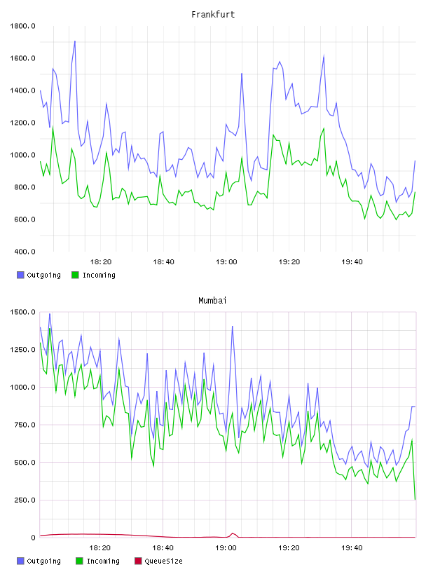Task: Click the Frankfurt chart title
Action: tap(213, 15)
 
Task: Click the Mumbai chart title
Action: tap(212, 301)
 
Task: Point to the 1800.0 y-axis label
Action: tap(22, 26)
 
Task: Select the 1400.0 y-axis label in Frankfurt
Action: tap(22, 90)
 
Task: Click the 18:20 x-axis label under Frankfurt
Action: tap(101, 262)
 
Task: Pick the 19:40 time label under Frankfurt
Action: tap(352, 262)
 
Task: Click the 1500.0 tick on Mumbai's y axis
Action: tap(22, 312)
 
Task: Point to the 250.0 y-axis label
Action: tap(25, 500)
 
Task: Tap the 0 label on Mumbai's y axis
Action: tap(33, 538)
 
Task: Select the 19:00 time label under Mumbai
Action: tap(226, 548)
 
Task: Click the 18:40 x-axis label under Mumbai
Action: tap(163, 548)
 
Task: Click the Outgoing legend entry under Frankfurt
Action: tap(39, 275)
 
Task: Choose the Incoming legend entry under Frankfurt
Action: tap(93, 275)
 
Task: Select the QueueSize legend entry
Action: tap(158, 561)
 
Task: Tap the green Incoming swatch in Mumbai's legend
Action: tap(79, 561)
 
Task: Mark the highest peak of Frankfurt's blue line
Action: tap(75, 41)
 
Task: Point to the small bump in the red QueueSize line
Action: tap(233, 533)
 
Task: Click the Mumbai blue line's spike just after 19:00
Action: tap(233, 327)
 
